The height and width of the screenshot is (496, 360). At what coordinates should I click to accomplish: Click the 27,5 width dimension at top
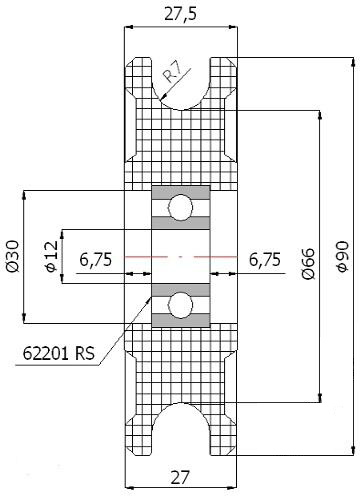click(x=181, y=14)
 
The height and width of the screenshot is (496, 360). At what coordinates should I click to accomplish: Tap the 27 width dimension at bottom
click(x=180, y=477)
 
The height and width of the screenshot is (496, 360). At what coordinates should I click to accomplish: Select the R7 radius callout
click(x=173, y=74)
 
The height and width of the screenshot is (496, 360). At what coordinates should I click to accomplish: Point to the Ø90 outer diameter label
click(x=342, y=256)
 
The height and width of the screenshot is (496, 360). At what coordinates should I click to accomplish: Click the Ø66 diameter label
click(x=308, y=263)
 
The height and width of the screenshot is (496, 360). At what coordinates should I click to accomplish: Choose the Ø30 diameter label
click(x=13, y=256)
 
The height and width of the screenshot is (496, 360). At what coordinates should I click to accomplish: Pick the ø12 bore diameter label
click(x=52, y=256)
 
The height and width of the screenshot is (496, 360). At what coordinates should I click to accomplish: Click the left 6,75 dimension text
click(x=96, y=260)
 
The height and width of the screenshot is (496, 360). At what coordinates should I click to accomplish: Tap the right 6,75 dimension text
click(x=265, y=260)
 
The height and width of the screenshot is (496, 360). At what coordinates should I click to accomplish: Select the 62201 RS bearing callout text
click(x=59, y=353)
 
